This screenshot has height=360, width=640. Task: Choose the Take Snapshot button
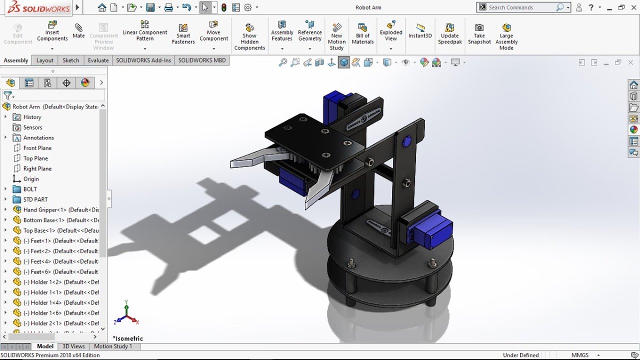point(479,33)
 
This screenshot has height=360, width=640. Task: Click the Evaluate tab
point(98,60)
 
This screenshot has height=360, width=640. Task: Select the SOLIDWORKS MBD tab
point(202,60)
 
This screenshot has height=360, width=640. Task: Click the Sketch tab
point(70,60)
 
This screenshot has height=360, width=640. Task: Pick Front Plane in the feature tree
point(37,148)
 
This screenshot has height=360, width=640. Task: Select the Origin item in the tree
point(30,179)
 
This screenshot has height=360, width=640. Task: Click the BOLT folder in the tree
point(30,189)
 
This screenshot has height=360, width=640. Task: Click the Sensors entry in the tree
point(32,127)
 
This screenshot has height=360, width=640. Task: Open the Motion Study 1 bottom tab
point(113,346)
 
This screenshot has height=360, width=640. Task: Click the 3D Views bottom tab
point(73,346)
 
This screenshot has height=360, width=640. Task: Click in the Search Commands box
point(520,7)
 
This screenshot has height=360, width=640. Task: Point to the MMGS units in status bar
point(580,355)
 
